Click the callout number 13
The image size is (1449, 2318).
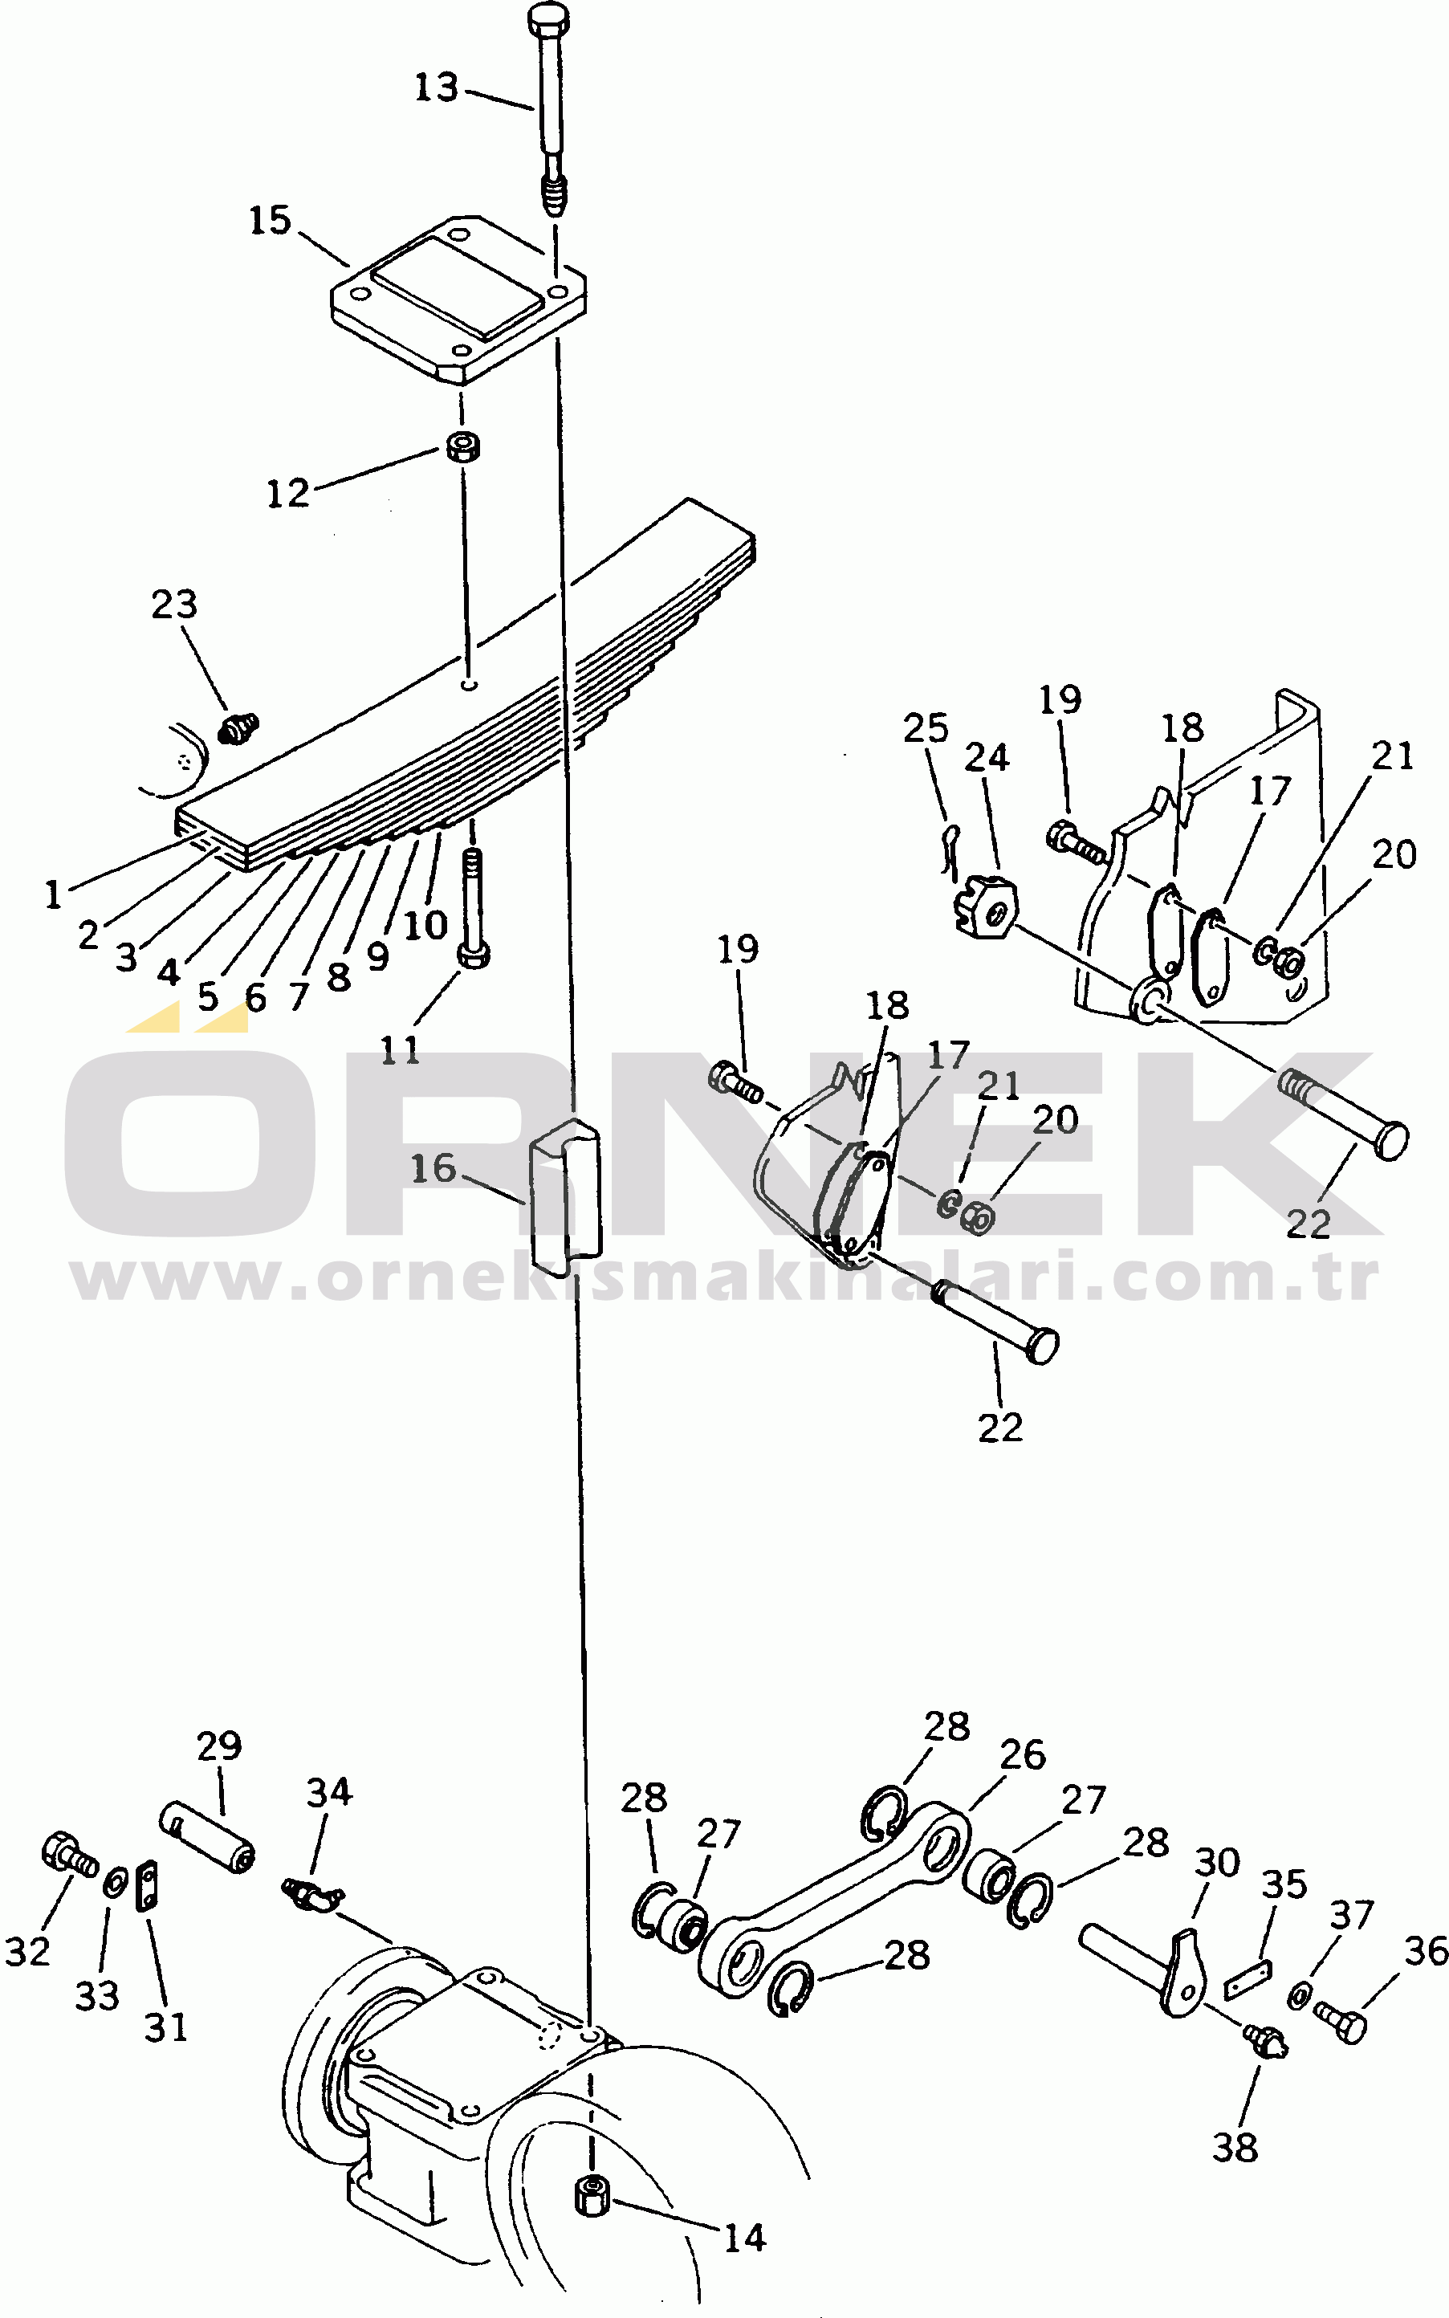click(436, 88)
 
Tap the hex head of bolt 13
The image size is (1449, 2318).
click(548, 17)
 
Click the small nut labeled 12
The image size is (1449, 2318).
click(464, 446)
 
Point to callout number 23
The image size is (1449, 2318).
click(174, 605)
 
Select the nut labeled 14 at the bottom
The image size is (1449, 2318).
click(592, 2194)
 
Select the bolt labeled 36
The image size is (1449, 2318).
click(1341, 2023)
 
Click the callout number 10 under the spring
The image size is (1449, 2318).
click(425, 925)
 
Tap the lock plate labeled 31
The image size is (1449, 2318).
click(148, 1886)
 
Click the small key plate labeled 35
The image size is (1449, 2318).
click(1248, 1979)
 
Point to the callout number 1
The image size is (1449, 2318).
click(53, 894)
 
